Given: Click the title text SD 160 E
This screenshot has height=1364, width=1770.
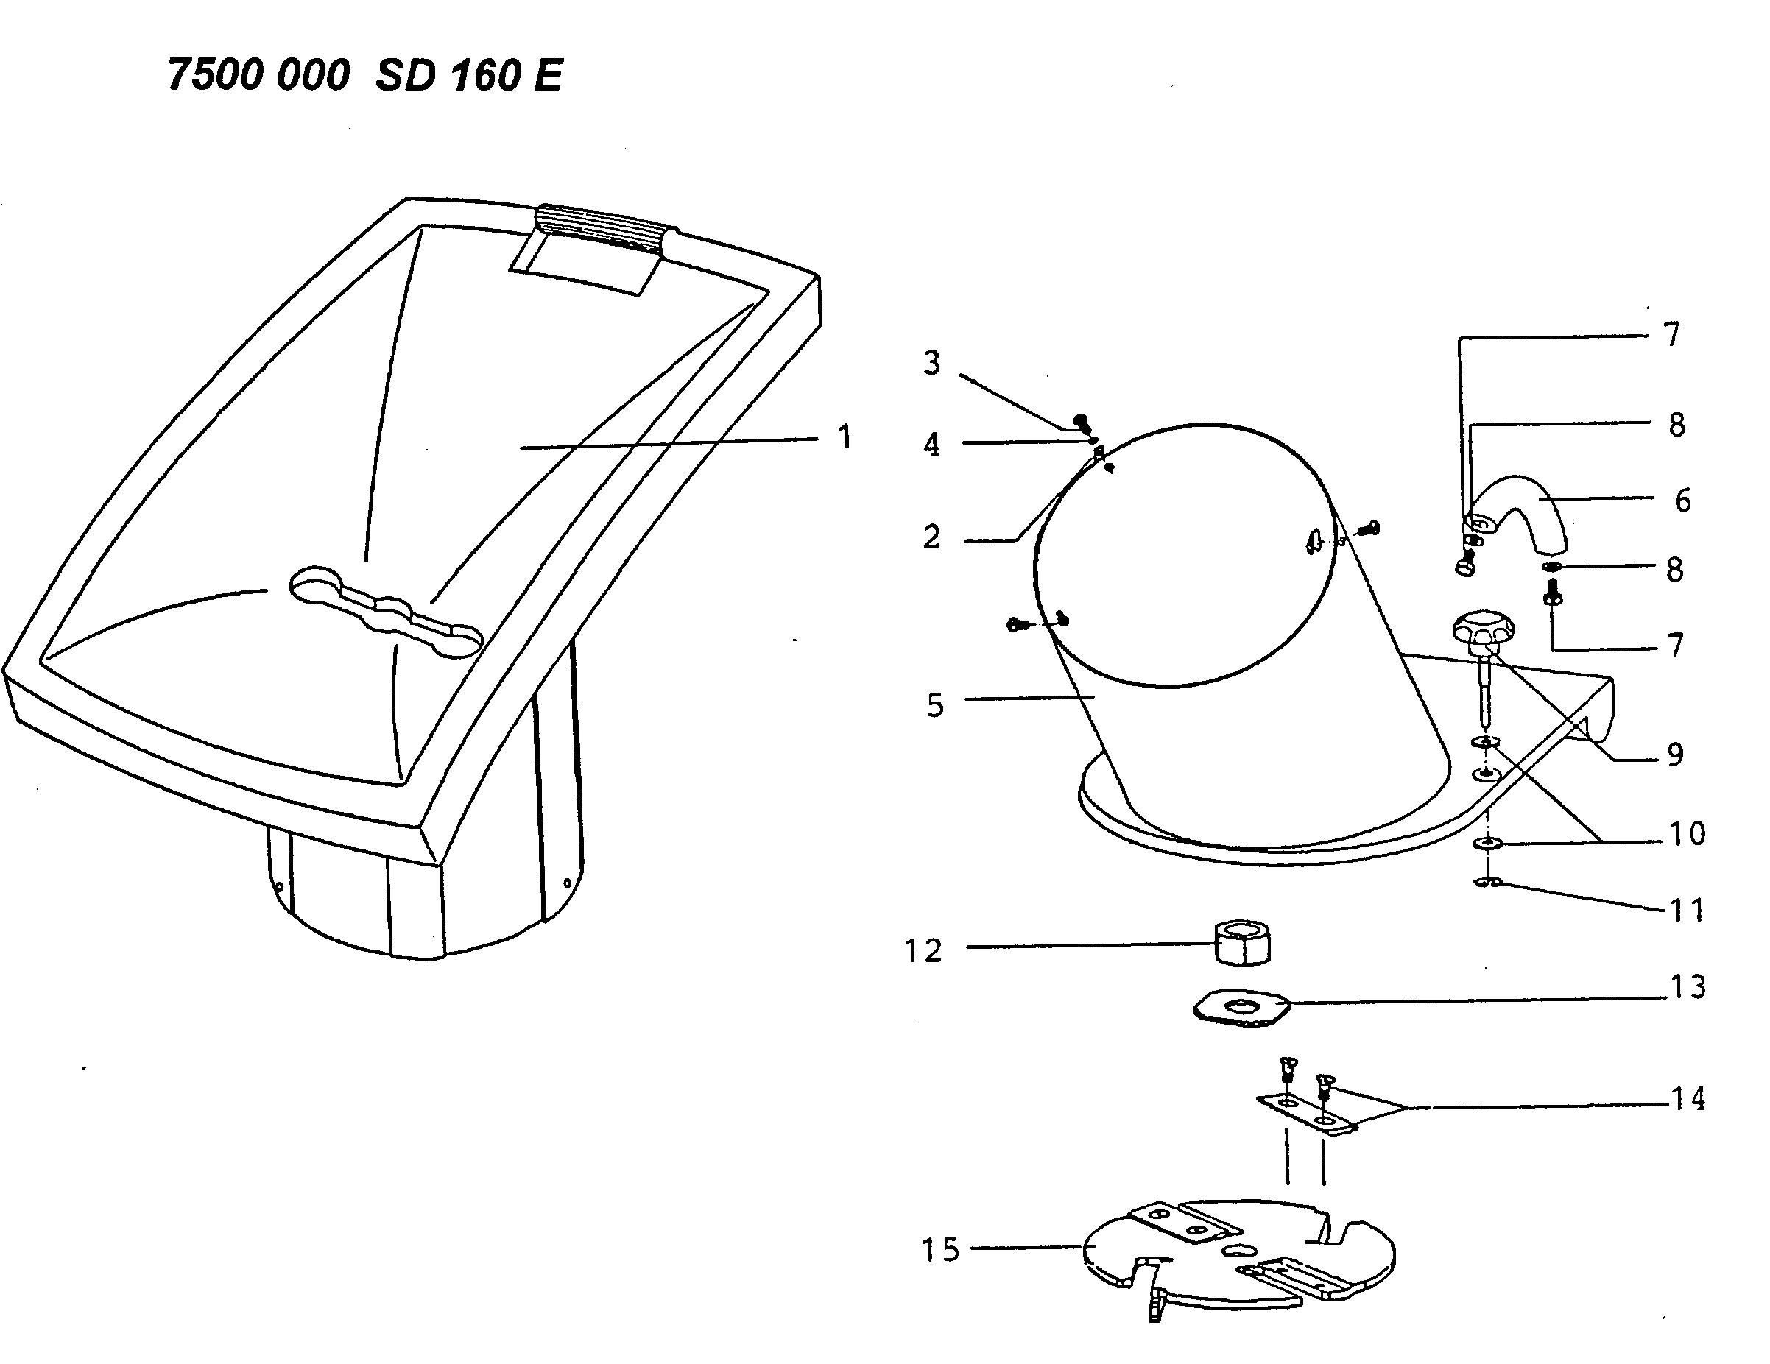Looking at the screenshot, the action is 468,76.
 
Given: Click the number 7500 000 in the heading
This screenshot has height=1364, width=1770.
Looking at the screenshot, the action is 258,75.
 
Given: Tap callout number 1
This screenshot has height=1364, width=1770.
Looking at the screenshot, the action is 845,437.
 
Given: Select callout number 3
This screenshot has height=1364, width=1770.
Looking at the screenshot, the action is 932,363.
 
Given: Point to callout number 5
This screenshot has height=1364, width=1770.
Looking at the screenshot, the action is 935,705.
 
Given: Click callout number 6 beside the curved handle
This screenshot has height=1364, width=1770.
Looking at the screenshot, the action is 1682,501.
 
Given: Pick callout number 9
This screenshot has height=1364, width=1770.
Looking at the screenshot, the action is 1675,755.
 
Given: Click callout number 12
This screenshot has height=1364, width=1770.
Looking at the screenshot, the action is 923,950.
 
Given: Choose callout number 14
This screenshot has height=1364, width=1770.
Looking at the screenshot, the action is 1688,1099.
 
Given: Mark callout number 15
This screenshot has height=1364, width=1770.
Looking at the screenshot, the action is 940,1250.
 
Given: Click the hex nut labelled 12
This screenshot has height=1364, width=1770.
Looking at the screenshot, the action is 1241,942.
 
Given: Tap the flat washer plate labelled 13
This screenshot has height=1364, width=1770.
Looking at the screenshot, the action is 1241,1008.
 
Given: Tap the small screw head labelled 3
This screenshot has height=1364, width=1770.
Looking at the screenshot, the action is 1080,420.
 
